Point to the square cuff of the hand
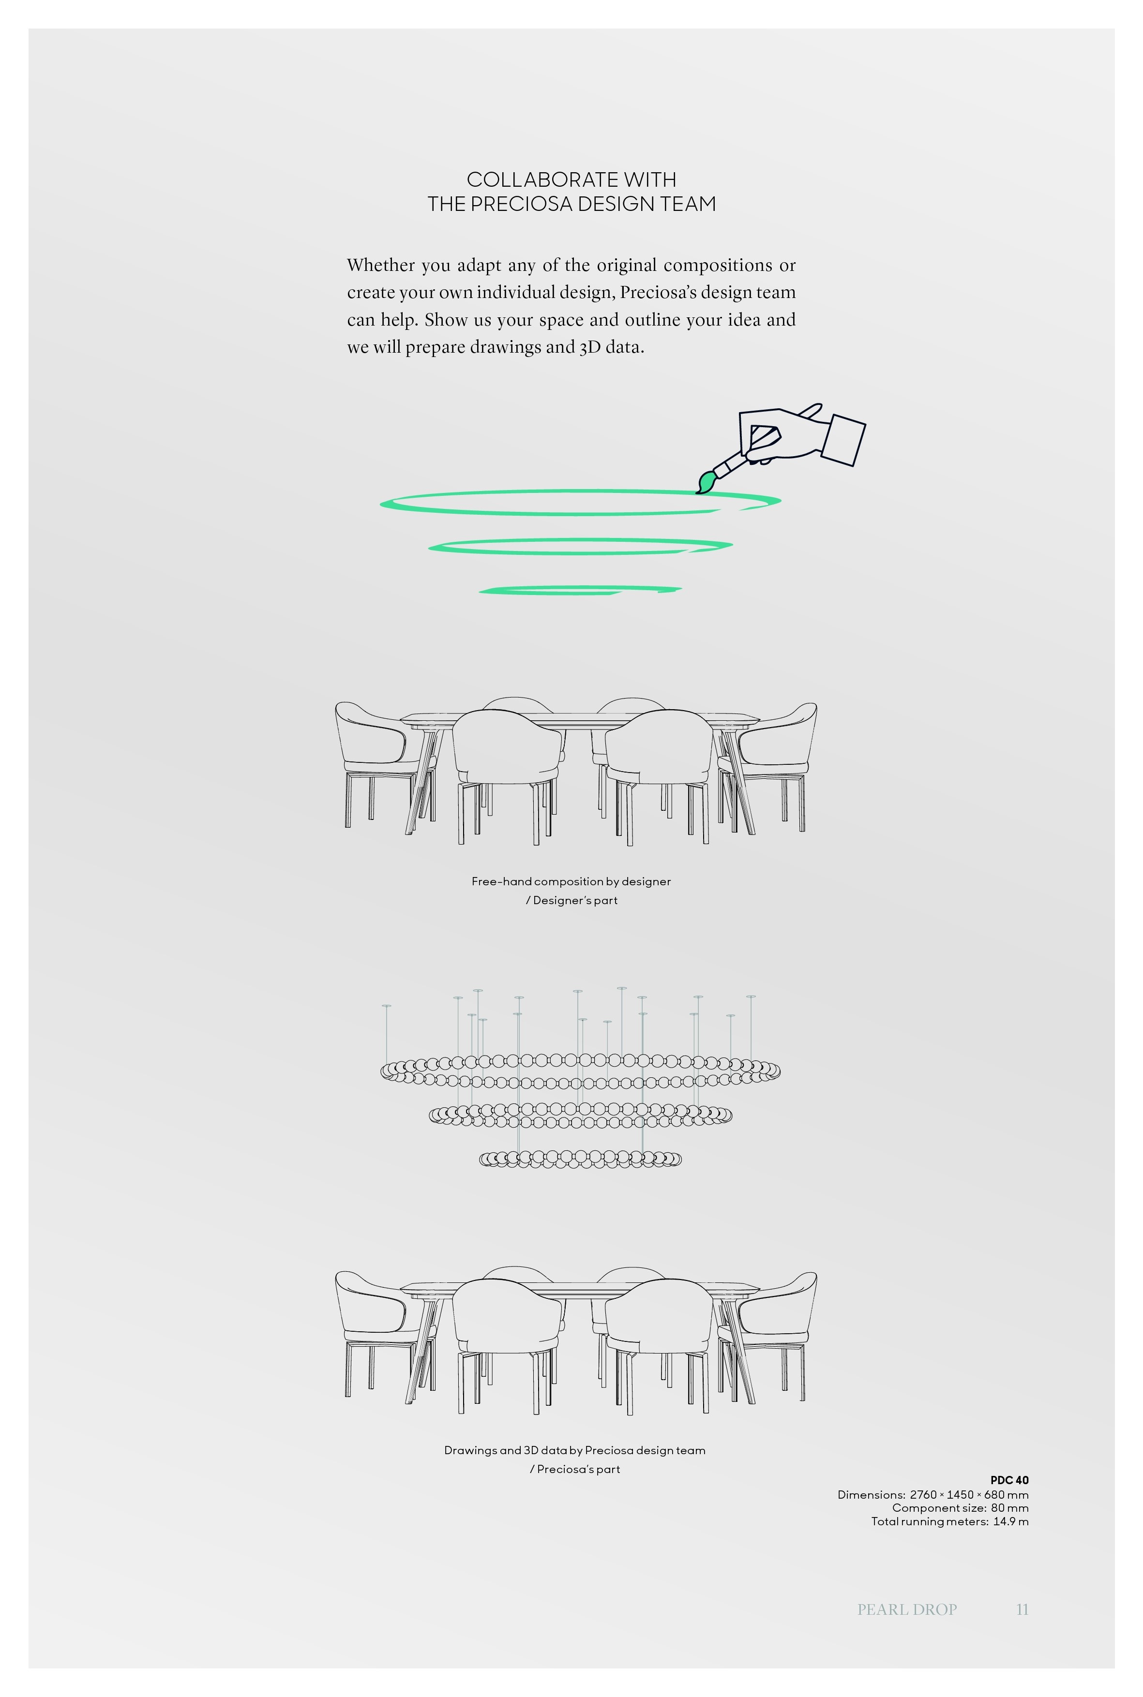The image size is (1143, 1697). coord(844,439)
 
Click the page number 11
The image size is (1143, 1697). coord(1022,1609)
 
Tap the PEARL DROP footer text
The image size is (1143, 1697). coord(907,1609)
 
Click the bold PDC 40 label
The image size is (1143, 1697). coord(1009,1480)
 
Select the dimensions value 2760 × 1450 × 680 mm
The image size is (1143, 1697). coord(969,1494)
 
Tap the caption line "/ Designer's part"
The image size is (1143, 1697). coord(571,901)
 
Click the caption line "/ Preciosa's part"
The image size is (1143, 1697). coord(574,1469)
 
